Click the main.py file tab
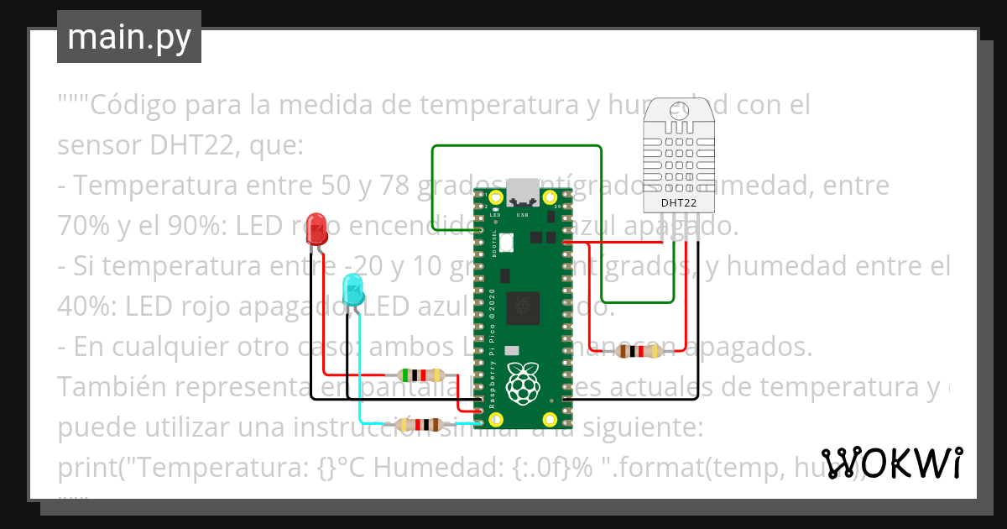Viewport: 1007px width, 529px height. [128, 37]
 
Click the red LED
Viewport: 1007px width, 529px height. [316, 228]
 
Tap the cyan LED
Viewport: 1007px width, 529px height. [353, 289]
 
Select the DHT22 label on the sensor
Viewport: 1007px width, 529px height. [678, 202]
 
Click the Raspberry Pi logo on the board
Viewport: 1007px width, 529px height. [524, 381]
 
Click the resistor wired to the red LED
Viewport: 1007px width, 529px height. [421, 375]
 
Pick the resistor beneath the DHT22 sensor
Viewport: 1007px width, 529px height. [639, 351]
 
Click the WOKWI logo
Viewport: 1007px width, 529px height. [891, 462]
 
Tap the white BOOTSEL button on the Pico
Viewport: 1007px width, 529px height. [506, 238]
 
